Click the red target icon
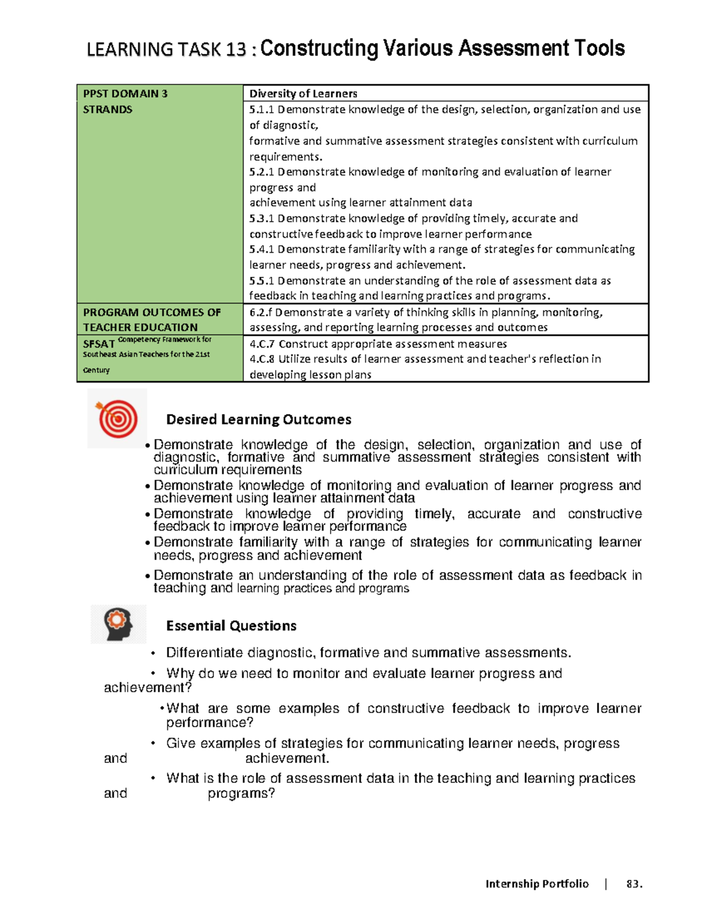coord(117,418)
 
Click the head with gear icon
coord(118,624)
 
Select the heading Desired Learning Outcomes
coord(259,419)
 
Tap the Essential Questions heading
coord(231,626)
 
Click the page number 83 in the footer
coord(633,884)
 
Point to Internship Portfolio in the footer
coord(537,884)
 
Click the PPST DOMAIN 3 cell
coord(125,94)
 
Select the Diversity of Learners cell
coord(303,94)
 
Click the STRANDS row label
coord(108,110)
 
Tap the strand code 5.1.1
coord(262,110)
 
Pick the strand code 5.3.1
coord(262,219)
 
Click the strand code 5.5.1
coord(262,281)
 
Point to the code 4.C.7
coord(262,344)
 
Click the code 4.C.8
coord(262,359)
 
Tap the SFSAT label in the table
coord(98,344)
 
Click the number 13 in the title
coord(235,49)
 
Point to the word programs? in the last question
coord(242,794)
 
